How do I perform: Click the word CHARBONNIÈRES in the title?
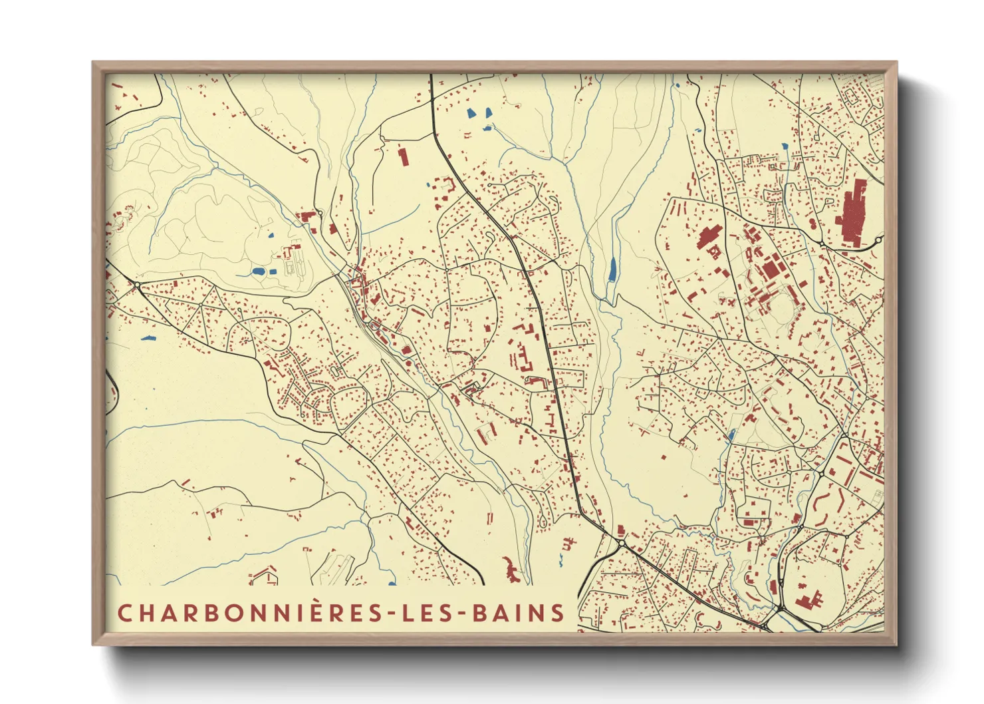250,613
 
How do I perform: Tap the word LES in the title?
428,613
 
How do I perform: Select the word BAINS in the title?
519,613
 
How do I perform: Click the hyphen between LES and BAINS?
462,614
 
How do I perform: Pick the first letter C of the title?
124,613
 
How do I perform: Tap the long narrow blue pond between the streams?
612,269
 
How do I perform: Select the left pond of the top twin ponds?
471,112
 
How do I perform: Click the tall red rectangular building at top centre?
402,157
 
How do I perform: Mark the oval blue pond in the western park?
257,271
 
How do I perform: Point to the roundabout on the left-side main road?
138,285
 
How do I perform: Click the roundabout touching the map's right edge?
879,240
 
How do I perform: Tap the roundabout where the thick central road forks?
622,543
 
